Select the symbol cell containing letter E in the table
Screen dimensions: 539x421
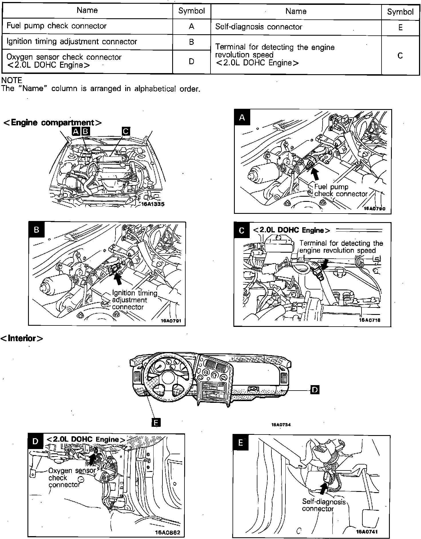(x=400, y=27)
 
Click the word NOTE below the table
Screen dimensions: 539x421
(x=12, y=81)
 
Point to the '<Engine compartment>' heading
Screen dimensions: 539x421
(x=52, y=123)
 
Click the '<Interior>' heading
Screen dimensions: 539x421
(x=22, y=338)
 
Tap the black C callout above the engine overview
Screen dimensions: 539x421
(x=126, y=131)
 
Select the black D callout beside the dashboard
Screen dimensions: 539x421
(x=315, y=390)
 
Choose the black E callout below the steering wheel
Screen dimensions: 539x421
(x=156, y=423)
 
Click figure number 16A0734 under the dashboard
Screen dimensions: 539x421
(x=281, y=425)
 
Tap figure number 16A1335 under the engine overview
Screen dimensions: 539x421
(x=153, y=204)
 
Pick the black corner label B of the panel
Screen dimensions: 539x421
(x=36, y=230)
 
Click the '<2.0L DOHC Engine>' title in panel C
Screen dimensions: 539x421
(x=291, y=230)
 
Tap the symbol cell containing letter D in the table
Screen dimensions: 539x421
(x=191, y=61)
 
